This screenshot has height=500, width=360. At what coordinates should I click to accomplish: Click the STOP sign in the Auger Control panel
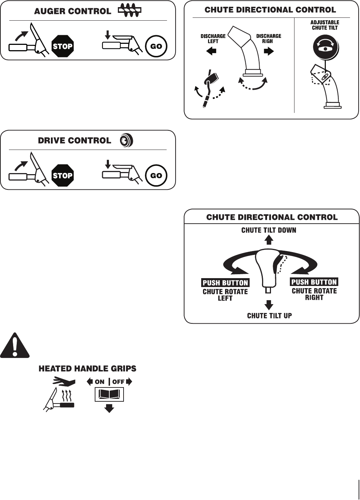pyautogui.click(x=63, y=46)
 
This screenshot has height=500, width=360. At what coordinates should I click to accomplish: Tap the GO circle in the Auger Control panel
pyautogui.click(x=156, y=46)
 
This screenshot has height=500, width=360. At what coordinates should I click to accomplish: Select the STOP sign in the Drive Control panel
pyautogui.click(x=63, y=176)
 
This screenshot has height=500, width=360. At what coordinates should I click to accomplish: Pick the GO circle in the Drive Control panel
pyautogui.click(x=156, y=176)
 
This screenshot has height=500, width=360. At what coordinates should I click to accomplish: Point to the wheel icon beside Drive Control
pyautogui.click(x=126, y=141)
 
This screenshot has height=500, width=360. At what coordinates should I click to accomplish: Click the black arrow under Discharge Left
pyautogui.click(x=211, y=51)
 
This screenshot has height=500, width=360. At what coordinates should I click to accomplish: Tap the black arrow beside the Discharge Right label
pyautogui.click(x=269, y=51)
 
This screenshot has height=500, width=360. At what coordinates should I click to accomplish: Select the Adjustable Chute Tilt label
pyautogui.click(x=325, y=25)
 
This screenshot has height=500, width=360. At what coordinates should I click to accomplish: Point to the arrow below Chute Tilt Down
pyautogui.click(x=269, y=240)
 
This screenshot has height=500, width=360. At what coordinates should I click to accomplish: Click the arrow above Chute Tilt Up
pyautogui.click(x=269, y=305)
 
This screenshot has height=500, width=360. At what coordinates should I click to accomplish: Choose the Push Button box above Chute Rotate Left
pyautogui.click(x=225, y=283)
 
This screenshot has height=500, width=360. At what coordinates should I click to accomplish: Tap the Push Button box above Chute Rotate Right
pyautogui.click(x=314, y=282)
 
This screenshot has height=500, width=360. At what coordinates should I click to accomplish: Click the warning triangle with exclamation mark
pyautogui.click(x=15, y=345)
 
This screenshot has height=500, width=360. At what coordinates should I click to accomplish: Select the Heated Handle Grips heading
pyautogui.click(x=87, y=369)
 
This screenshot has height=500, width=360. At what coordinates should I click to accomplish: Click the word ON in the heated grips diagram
pyautogui.click(x=99, y=382)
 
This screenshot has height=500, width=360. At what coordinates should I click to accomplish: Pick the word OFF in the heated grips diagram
pyautogui.click(x=118, y=382)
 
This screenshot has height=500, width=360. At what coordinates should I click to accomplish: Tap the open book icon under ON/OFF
pyautogui.click(x=109, y=395)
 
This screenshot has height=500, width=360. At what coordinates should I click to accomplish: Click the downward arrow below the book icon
pyautogui.click(x=109, y=408)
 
